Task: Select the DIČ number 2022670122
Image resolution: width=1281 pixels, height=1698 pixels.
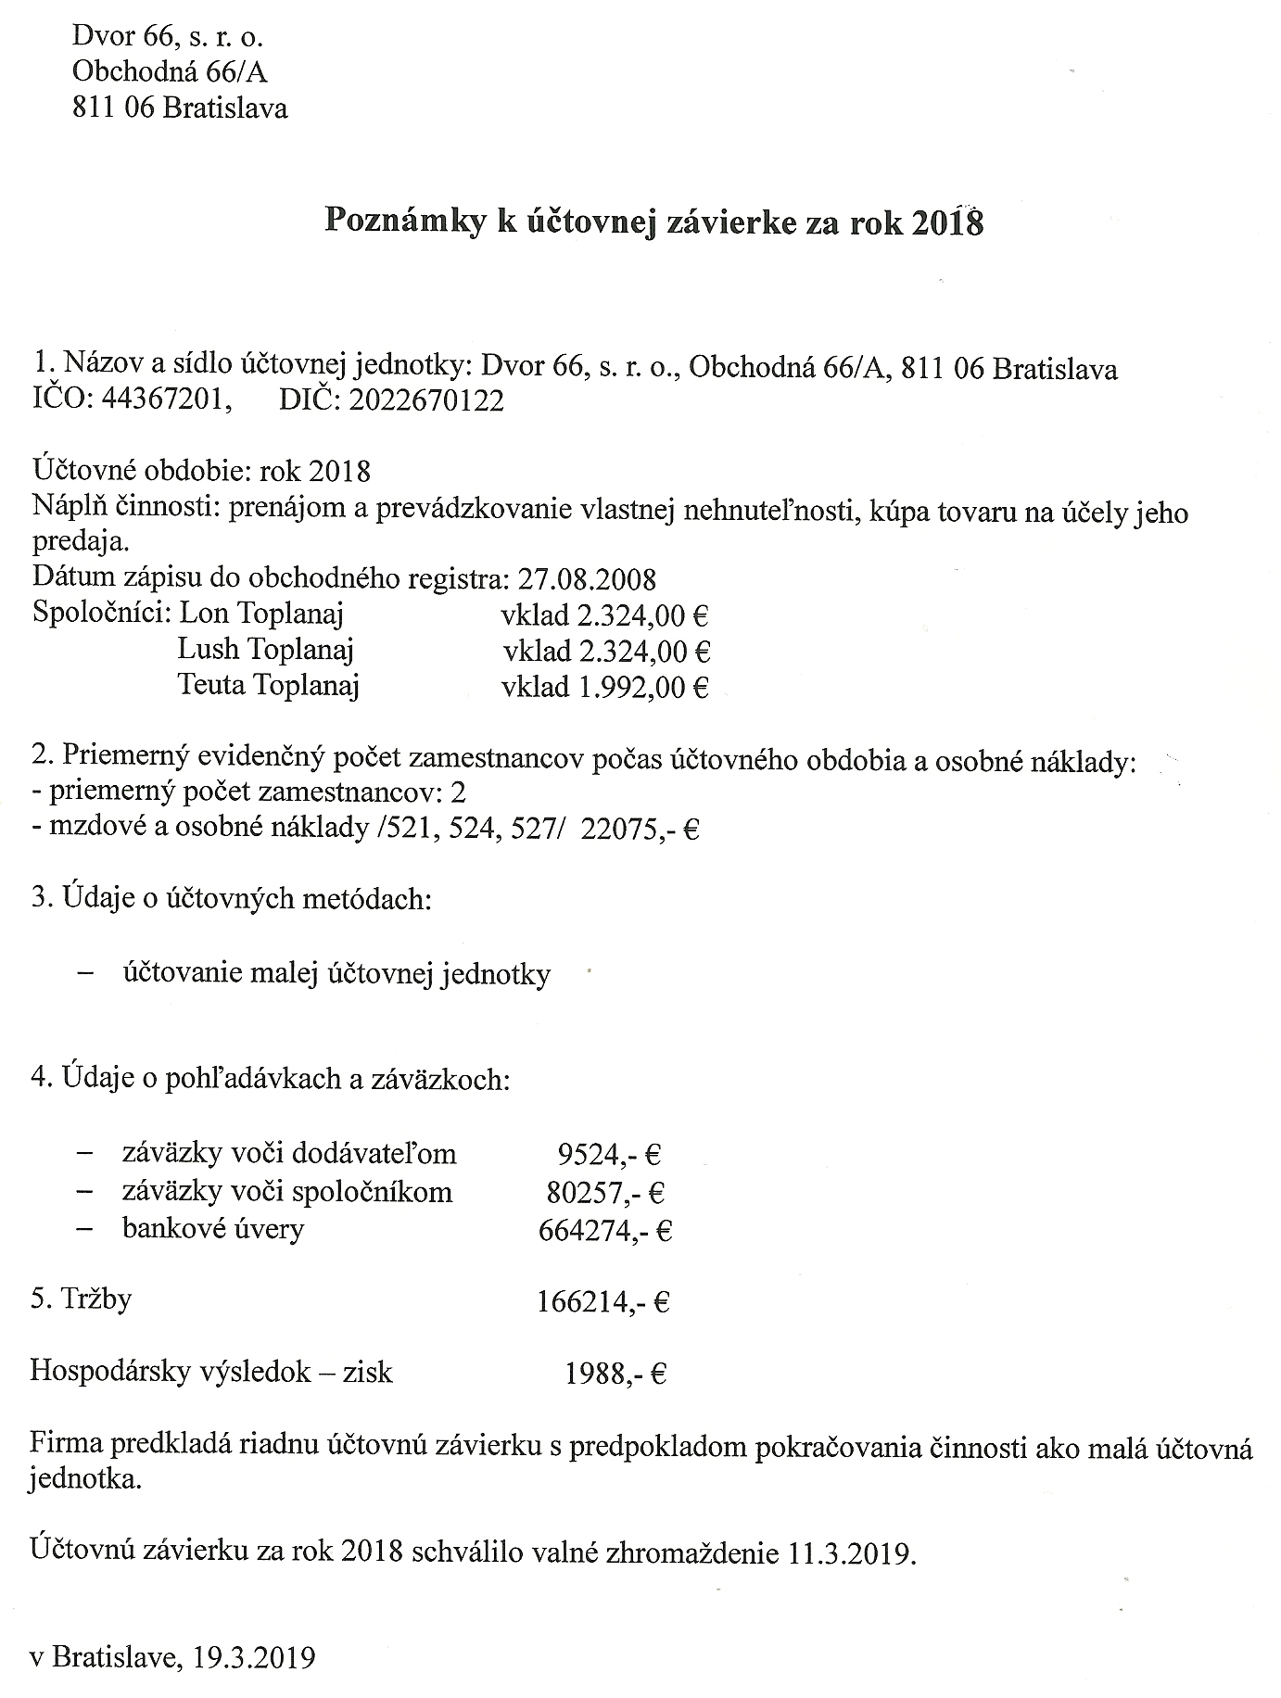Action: tap(427, 400)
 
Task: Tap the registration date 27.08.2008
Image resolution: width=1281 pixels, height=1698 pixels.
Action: tap(587, 579)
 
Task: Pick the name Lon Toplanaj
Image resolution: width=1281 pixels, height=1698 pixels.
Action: tap(261, 614)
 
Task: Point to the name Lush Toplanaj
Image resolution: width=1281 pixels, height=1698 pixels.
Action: tap(266, 650)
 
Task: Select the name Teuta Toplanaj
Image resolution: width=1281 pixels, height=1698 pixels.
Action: tap(268, 686)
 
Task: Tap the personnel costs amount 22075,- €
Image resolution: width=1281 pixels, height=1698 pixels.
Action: tap(640, 829)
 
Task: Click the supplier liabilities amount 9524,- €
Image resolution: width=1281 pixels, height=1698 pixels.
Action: tap(609, 1155)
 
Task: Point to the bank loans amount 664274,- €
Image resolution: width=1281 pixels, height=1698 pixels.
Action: tap(604, 1230)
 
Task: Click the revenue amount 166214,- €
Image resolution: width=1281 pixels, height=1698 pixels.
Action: tap(602, 1302)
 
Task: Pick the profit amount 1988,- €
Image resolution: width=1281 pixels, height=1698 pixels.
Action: tap(615, 1374)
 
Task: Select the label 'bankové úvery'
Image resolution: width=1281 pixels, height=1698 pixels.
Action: tap(213, 1229)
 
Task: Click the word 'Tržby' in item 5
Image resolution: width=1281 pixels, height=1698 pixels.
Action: tap(95, 1299)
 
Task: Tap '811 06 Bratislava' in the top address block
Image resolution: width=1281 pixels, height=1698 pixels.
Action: tap(180, 108)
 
